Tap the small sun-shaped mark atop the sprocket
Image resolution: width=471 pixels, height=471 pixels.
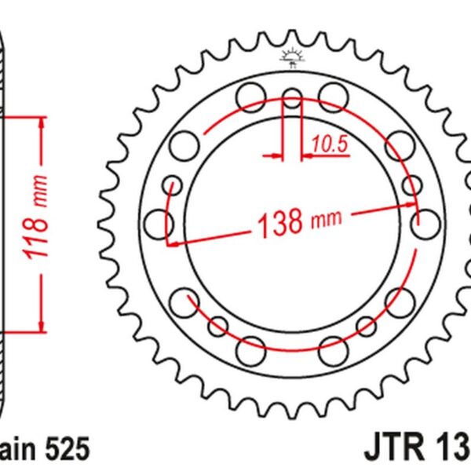(291, 57)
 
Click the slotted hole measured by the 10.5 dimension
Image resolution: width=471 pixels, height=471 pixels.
(292, 100)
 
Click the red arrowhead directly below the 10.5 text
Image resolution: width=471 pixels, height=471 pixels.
(309, 156)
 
